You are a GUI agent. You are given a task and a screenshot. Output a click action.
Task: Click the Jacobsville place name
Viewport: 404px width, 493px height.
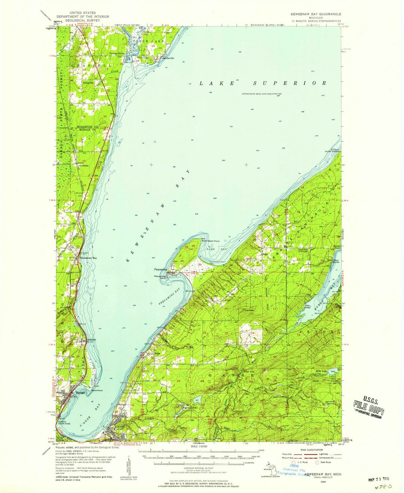[x=168, y=58]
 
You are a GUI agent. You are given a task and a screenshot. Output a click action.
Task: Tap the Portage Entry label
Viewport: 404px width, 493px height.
[x=116, y=53]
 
